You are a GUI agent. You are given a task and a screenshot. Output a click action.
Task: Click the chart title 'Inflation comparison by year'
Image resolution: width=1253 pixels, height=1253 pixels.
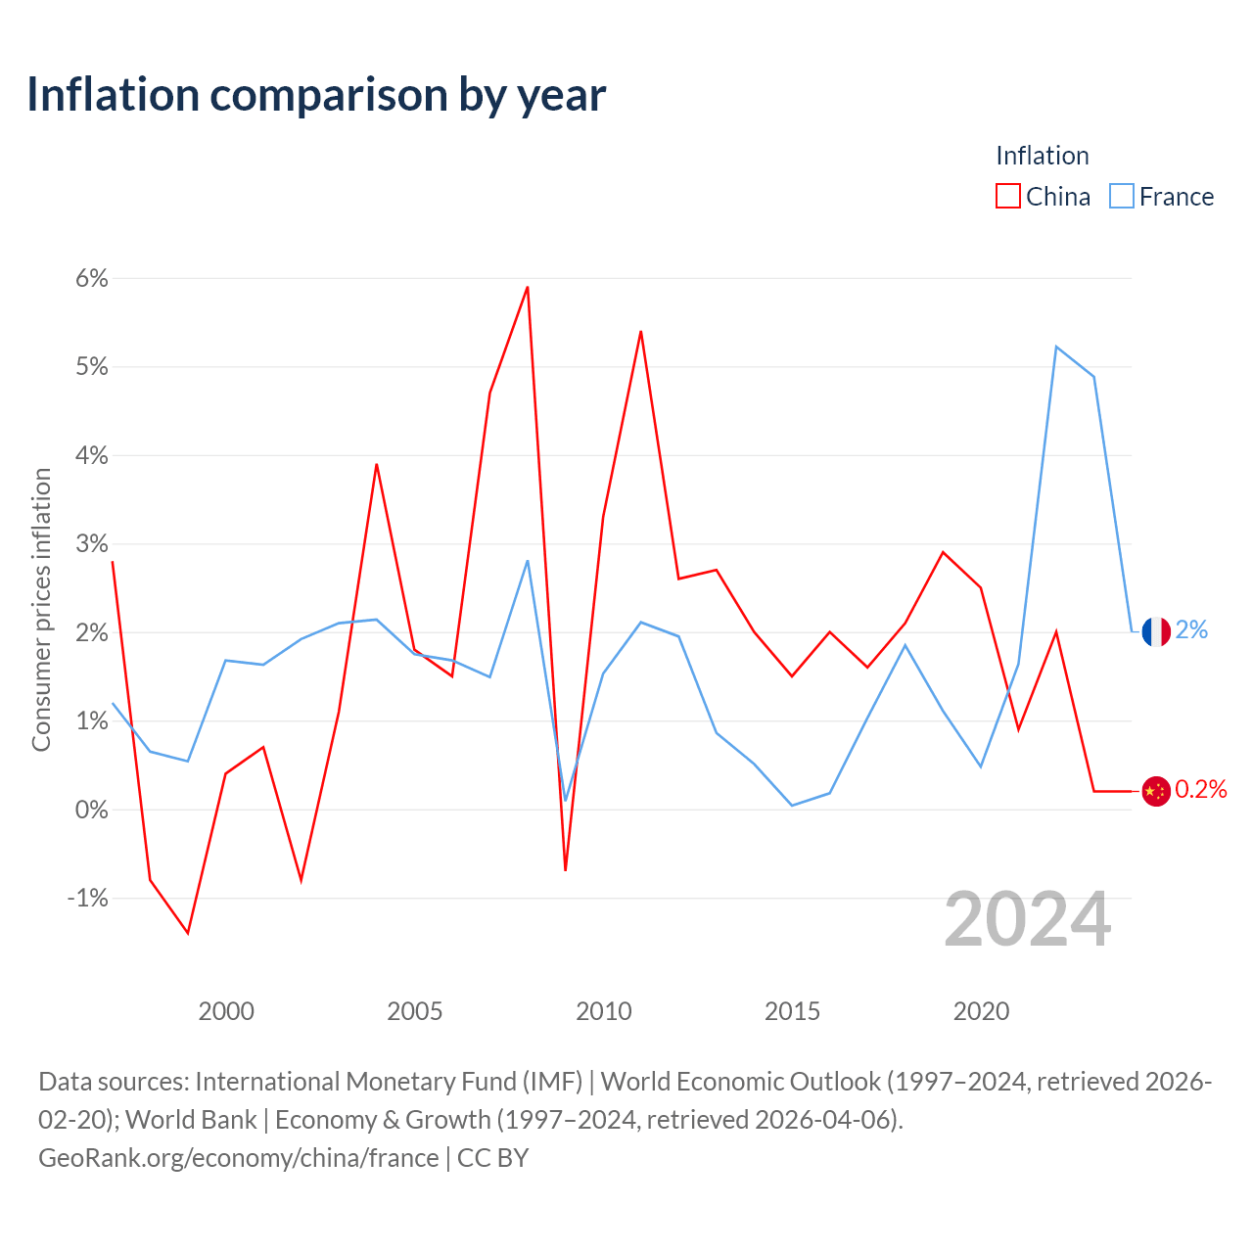click(316, 96)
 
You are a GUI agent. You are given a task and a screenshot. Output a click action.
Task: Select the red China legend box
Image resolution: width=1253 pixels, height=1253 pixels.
click(1007, 196)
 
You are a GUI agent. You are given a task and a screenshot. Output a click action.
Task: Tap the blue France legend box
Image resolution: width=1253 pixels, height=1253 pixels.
click(1121, 196)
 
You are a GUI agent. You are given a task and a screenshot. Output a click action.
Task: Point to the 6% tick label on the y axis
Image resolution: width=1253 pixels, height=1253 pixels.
click(92, 278)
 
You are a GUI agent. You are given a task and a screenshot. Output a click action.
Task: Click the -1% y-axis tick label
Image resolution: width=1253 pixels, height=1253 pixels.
click(88, 898)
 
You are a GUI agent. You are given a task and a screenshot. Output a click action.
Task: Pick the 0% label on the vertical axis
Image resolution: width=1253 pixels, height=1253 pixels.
click(92, 810)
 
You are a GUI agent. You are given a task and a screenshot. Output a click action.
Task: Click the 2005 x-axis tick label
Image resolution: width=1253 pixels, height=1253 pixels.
click(414, 1011)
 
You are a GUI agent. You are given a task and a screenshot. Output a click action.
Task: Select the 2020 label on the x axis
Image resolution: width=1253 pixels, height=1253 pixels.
click(981, 1011)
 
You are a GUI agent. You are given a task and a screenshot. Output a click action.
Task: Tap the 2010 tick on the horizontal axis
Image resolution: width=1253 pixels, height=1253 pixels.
click(603, 1011)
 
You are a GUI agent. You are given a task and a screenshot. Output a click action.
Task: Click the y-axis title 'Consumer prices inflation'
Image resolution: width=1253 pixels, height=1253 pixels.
click(41, 609)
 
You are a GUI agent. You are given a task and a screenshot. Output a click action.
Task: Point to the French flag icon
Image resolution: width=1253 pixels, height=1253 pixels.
click(1155, 631)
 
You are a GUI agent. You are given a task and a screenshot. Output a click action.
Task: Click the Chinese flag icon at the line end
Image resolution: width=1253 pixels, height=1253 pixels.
click(1155, 791)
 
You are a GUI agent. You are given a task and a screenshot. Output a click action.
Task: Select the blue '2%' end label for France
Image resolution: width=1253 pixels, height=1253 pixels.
click(1191, 629)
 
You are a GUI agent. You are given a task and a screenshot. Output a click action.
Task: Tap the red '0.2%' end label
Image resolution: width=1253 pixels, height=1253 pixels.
click(1200, 789)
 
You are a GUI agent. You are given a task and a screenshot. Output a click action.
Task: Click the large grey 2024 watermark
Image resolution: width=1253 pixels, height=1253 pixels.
click(1027, 919)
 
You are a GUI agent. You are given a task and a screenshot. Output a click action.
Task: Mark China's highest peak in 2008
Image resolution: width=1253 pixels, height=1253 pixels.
click(528, 287)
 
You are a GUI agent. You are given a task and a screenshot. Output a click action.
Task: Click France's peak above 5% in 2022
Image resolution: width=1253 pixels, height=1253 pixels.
click(1056, 347)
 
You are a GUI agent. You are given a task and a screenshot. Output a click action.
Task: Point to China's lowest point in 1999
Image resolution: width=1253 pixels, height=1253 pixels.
click(188, 933)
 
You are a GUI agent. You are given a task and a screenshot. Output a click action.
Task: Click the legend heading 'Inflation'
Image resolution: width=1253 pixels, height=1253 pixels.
click(1042, 156)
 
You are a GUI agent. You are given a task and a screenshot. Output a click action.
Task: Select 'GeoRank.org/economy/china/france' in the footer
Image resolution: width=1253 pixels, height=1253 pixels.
click(239, 1158)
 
